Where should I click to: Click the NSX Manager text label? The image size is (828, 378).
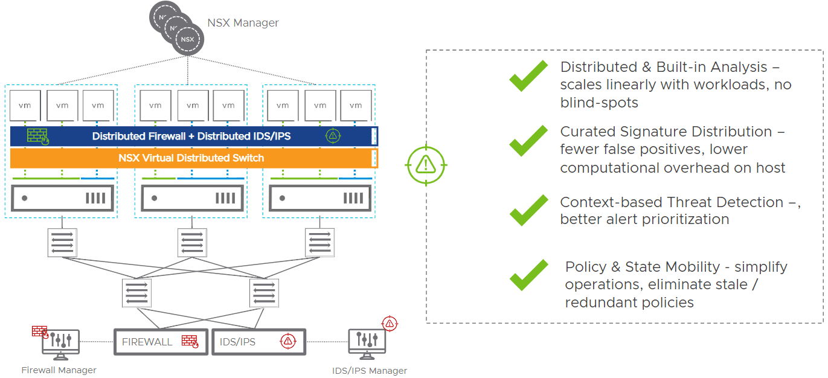[243, 23]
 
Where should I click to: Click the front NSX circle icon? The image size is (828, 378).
[188, 40]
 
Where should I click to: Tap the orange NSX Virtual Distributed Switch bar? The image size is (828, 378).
[191, 158]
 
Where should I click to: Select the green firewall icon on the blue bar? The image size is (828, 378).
[37, 136]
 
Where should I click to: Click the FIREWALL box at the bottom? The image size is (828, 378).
[161, 342]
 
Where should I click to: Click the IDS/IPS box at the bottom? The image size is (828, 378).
[258, 342]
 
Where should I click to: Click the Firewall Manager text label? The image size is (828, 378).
[59, 370]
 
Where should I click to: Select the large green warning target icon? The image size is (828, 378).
[426, 164]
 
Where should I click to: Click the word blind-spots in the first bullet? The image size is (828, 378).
[599, 103]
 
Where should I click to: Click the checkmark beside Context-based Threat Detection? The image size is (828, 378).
[528, 210]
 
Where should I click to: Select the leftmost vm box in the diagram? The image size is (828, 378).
[25, 106]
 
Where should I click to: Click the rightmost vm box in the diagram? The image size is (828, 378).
[356, 106]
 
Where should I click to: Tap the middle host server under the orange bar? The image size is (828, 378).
[192, 198]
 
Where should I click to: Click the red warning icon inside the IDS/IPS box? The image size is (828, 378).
[287, 342]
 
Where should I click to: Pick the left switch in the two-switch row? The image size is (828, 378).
[136, 293]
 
